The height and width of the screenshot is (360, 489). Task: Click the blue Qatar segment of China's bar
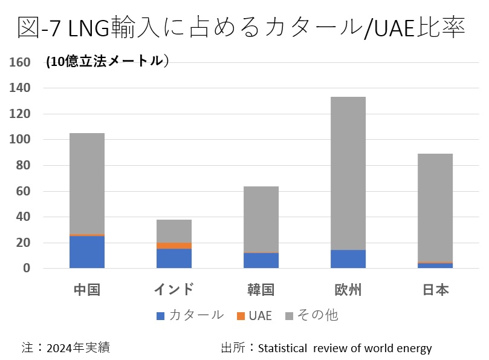[x=87, y=252]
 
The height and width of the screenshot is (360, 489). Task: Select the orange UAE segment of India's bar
[x=174, y=246]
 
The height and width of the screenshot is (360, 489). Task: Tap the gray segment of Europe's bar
[x=348, y=173]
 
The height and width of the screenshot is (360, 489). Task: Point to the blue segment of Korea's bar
[x=261, y=261]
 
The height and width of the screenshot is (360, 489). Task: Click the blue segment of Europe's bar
[x=348, y=259]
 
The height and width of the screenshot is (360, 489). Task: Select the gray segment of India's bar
[x=174, y=231]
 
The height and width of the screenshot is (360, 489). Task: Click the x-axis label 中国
[x=87, y=290]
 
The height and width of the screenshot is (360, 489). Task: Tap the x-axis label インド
[x=174, y=290]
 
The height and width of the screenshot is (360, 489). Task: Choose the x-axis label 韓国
[x=261, y=290]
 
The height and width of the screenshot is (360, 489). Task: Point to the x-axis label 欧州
[x=348, y=290]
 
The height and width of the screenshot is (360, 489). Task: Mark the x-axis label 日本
[x=435, y=290]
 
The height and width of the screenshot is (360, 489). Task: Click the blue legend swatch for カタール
[x=160, y=316]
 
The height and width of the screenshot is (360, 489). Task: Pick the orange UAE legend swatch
[x=240, y=316]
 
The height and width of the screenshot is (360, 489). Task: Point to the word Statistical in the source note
[x=283, y=348]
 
